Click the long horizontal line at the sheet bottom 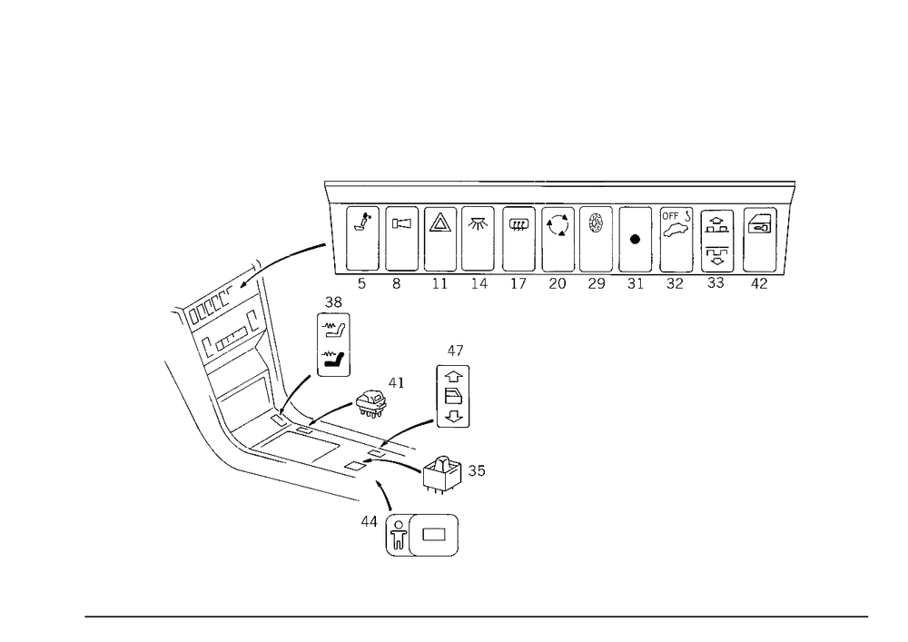pyautogui.click(x=477, y=616)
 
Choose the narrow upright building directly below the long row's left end pyautogui.click(x=334, y=336)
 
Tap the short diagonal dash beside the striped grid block pyautogui.click(x=303, y=379)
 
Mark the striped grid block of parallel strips pyautogui.click(x=232, y=363)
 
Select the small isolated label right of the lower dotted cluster pyautogui.click(x=479, y=471)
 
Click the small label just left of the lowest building pyautogui.click(x=367, y=522)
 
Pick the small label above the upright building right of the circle pyautogui.click(x=454, y=349)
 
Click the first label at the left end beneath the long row pyautogui.click(x=360, y=284)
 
